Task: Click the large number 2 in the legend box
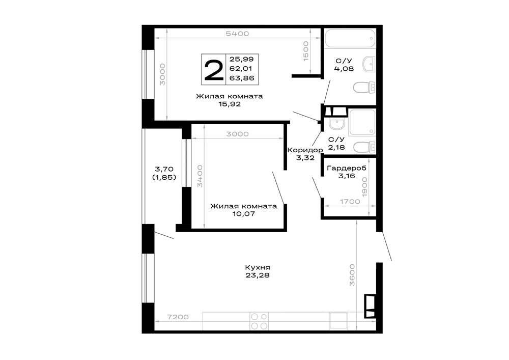[x=214, y=69]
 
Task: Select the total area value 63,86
[x=242, y=78]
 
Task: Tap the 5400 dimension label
[x=238, y=34]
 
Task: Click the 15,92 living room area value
[x=230, y=104]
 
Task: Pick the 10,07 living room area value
[x=243, y=214]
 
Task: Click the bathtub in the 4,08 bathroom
[x=350, y=39]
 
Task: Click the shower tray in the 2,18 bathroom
[x=361, y=122]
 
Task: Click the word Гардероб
[x=347, y=168]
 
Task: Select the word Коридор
[x=305, y=150]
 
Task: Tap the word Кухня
[x=258, y=267]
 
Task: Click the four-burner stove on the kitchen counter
[x=259, y=321]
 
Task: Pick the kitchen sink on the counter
[x=338, y=321]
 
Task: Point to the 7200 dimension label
[x=178, y=317]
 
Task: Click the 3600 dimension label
[x=353, y=275]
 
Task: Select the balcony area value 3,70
[x=164, y=169]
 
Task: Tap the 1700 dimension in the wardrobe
[x=350, y=202]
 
